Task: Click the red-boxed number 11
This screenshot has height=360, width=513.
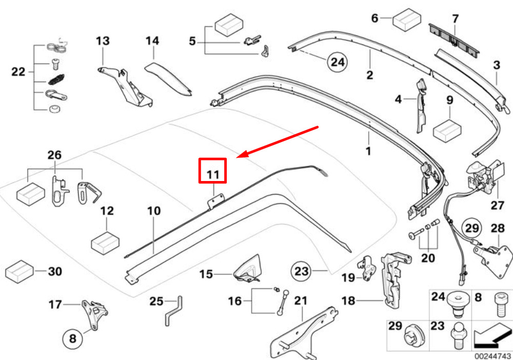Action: [213, 174]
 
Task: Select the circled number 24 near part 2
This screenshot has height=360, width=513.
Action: [338, 62]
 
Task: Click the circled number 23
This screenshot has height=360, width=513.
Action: [301, 271]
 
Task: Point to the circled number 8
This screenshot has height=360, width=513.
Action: [72, 338]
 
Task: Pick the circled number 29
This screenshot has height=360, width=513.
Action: [472, 228]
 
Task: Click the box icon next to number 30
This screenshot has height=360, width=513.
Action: [19, 271]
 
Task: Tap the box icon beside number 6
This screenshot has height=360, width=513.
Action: [407, 19]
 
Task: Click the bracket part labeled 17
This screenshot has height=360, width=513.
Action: [95, 313]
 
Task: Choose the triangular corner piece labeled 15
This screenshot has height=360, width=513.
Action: [248, 268]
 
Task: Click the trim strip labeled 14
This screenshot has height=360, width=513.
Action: [168, 78]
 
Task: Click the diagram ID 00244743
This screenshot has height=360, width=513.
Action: [492, 356]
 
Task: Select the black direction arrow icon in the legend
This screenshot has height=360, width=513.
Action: [492, 335]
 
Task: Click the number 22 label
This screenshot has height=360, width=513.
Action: [18, 71]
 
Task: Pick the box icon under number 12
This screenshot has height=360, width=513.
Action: [105, 243]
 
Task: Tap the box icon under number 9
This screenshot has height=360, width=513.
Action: [447, 130]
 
